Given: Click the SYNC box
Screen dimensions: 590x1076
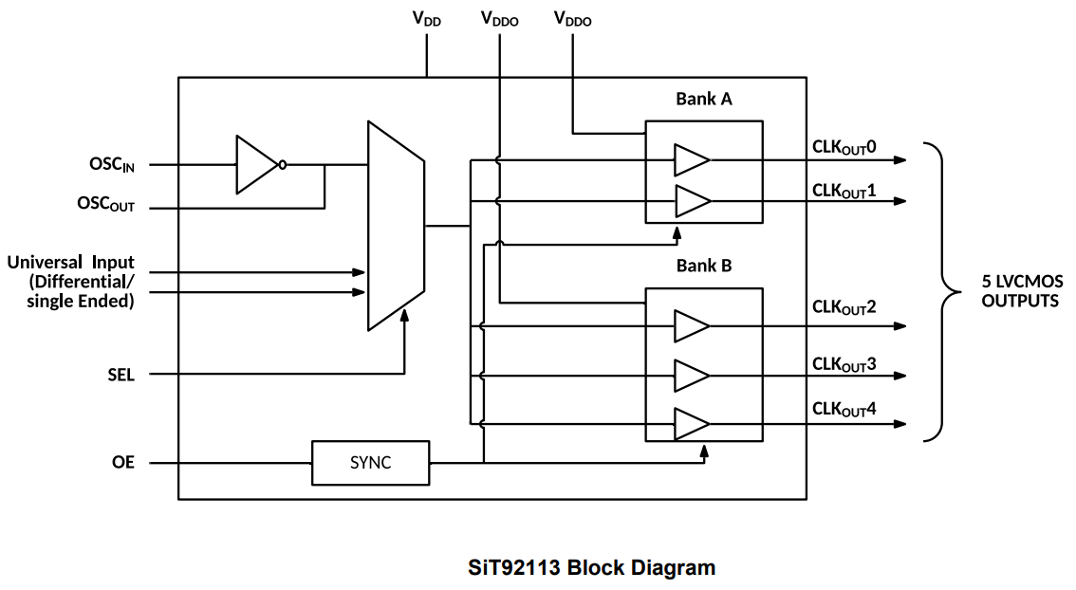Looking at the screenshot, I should pos(370,463).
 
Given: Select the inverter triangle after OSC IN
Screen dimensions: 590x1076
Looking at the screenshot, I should pos(256,165).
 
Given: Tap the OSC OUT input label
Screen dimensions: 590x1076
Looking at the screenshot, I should pos(105,204).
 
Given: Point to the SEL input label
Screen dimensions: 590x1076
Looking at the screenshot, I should pos(121,375).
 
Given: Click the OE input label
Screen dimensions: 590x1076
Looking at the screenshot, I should pos(123,463).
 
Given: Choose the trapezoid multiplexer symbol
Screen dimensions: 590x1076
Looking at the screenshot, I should pos(396,226).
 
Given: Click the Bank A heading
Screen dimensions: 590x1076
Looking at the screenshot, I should pos(703,99).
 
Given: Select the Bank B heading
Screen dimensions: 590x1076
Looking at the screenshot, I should pos(703,266).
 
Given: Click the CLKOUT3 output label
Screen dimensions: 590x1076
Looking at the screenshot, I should pos(844,364).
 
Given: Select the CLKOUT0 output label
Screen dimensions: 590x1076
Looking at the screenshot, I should pos(844,147).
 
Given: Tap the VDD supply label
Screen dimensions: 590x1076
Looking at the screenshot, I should pos(426,18).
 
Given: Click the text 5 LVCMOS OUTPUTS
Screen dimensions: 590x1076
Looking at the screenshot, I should pos(1020,291).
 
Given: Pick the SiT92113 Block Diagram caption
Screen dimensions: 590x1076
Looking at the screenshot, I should pos(591,568).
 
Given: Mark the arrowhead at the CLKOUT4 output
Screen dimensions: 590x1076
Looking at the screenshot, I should pos(900,424).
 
